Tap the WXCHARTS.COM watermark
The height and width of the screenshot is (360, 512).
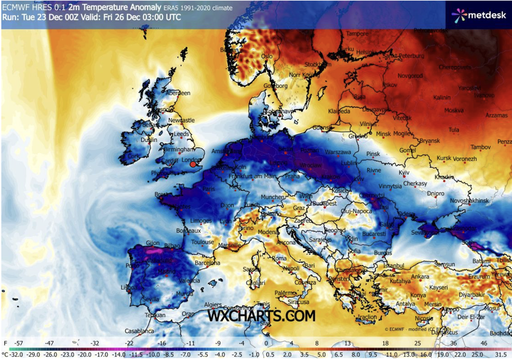[x=261, y=316]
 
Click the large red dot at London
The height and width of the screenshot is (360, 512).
[x=193, y=165]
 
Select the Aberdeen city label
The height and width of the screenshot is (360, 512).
[x=178, y=93]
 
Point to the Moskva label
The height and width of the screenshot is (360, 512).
[x=454, y=110]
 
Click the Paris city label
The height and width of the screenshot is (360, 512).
[x=209, y=189]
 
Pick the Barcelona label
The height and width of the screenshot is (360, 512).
[x=208, y=263]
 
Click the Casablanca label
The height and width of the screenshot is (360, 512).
[x=139, y=331]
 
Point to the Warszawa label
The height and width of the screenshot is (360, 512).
[x=338, y=152]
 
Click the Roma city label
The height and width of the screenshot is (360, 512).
[x=280, y=258]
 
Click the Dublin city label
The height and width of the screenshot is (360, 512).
[x=148, y=140]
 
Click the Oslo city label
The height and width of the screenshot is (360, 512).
[x=267, y=56]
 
